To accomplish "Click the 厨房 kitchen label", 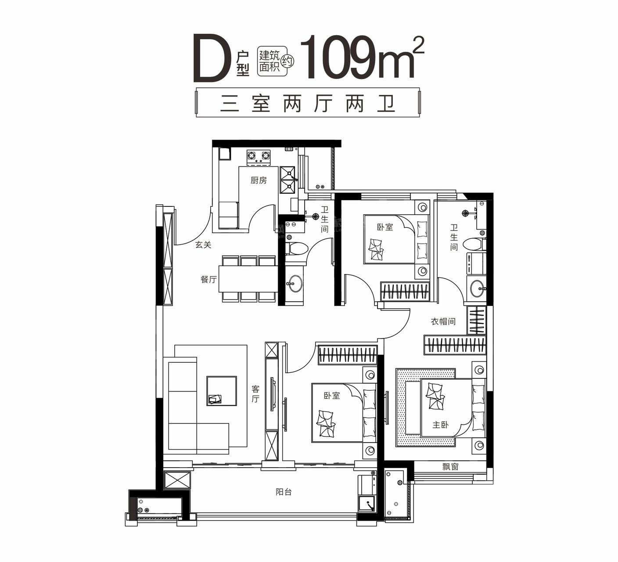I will [259, 180].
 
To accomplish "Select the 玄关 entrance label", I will [203, 245].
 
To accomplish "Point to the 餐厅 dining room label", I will [208, 279].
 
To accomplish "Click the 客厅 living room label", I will [255, 394].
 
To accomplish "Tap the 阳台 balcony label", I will [284, 492].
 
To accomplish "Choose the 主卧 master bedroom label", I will [440, 425].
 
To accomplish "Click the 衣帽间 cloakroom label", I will [443, 321].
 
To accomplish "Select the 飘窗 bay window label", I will [450, 467].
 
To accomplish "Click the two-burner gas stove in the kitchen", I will [259, 156].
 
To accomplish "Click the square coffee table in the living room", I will [222, 390].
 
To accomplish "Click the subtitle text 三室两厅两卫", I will [308, 104].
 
